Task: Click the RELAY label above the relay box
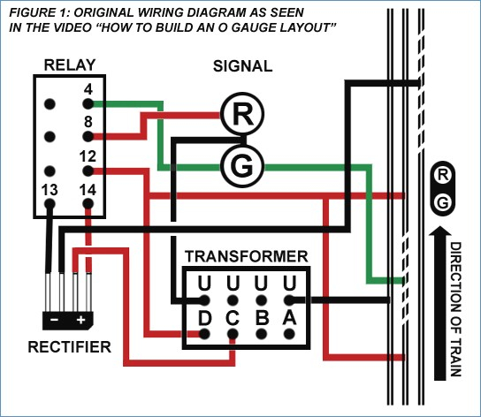tap(70, 65)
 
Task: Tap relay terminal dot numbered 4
tap(88, 104)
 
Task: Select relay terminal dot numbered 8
tap(88, 136)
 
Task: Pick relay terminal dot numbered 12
tap(88, 171)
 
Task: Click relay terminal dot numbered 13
tap(50, 204)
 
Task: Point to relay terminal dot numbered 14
tap(88, 204)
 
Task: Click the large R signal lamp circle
tap(242, 114)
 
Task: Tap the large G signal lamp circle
tap(242, 166)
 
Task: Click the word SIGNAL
tap(242, 66)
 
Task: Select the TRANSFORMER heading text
tap(247, 256)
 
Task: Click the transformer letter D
tap(204, 318)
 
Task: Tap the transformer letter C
tap(233, 318)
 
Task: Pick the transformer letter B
tap(262, 318)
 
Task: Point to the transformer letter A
tap(289, 318)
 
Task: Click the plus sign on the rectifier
tap(80, 320)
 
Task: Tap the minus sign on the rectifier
tap(54, 320)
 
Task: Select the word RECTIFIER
tap(70, 347)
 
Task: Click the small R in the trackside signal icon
tap(443, 175)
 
